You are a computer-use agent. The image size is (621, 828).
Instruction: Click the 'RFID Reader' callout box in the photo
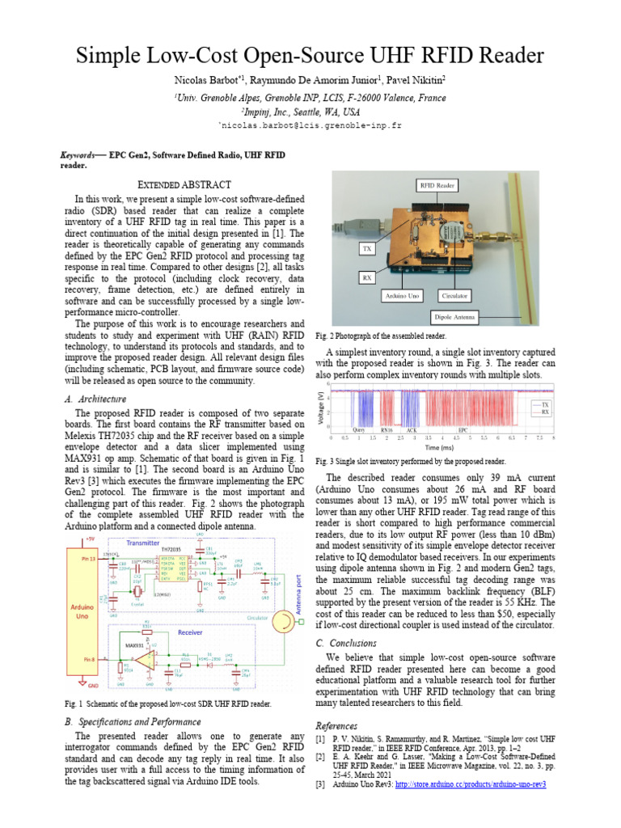click(437, 185)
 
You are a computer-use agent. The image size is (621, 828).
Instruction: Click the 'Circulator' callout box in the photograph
click(455, 296)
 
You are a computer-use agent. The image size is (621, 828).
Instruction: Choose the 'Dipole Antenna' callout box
click(455, 317)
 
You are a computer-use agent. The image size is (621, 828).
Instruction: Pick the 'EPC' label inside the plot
click(463, 430)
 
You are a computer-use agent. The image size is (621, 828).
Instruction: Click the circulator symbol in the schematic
click(284, 620)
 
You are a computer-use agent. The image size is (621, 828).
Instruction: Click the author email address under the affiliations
click(310, 126)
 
